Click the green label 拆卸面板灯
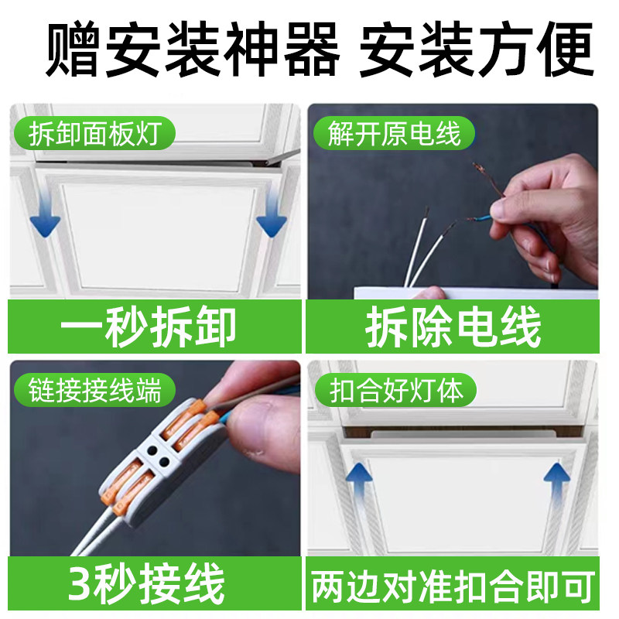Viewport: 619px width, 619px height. point(93,135)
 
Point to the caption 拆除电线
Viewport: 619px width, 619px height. point(453,329)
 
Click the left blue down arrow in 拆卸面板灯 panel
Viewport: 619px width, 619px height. point(45,217)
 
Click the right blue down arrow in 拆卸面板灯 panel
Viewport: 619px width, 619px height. point(271,217)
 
